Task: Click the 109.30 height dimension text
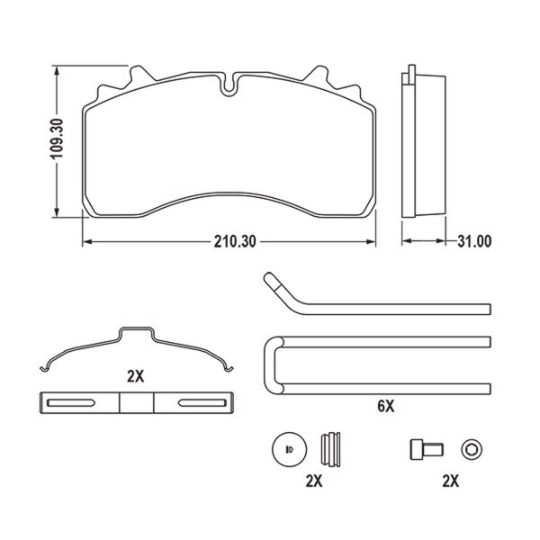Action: click(x=55, y=141)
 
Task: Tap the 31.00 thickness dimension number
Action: click(x=474, y=242)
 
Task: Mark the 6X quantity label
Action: click(x=385, y=407)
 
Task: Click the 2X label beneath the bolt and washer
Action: click(x=451, y=481)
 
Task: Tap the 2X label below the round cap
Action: click(x=313, y=481)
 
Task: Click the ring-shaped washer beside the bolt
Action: click(x=470, y=448)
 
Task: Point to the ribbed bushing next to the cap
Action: click(x=332, y=447)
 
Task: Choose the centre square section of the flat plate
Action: click(x=137, y=401)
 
